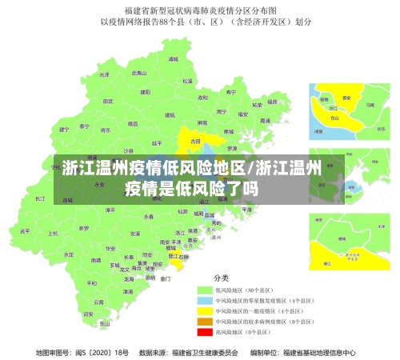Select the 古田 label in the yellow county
195,141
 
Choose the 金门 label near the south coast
165,279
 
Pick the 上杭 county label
53,234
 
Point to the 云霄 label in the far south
98,302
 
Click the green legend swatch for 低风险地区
204,289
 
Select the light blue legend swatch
204,299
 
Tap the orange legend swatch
204,320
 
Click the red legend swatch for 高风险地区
204,330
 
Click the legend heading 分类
219,276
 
